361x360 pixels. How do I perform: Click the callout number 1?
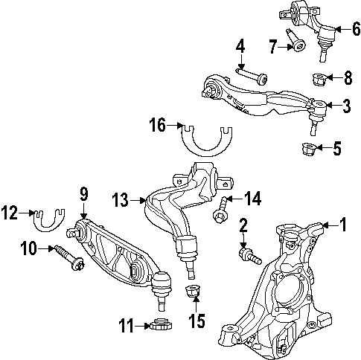coord(343,223)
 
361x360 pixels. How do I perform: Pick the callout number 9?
coord(83,194)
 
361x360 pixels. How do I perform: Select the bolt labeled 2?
coord(249,254)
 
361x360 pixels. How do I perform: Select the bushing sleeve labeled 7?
coord(298,46)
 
